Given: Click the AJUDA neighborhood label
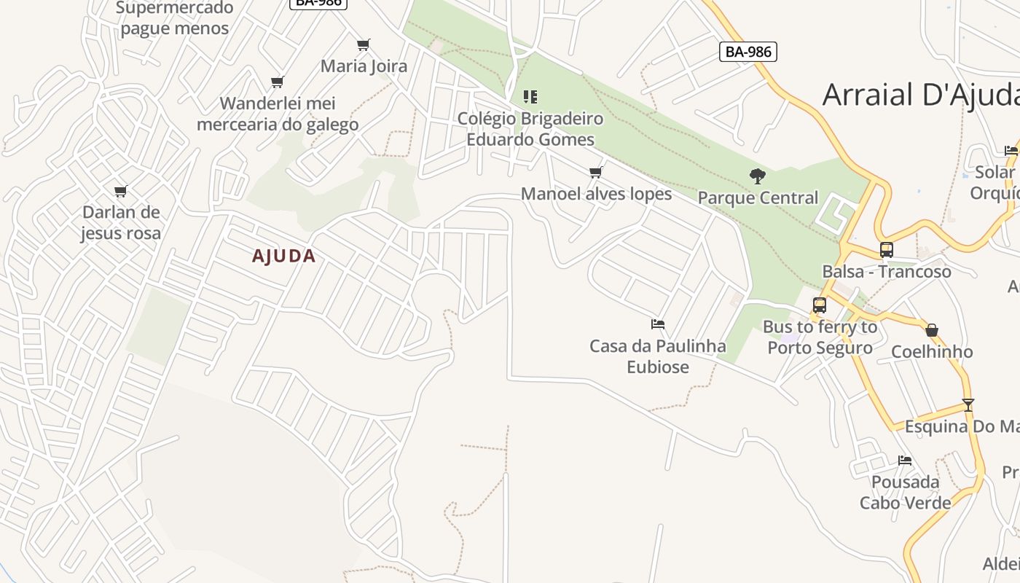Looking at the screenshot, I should point(283,257).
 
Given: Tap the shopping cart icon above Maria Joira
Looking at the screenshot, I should point(364,45).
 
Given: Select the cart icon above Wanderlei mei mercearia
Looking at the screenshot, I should point(277,82).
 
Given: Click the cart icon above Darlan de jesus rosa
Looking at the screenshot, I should point(120,192).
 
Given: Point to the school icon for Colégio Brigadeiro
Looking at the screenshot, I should point(530,96).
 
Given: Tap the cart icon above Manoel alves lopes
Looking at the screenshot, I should point(596,173).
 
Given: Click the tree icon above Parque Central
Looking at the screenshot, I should point(758,176).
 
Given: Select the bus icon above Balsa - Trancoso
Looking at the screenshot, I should point(887,250).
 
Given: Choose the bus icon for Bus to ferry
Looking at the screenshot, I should point(820,305).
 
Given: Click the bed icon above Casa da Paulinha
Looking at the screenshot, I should point(658,324).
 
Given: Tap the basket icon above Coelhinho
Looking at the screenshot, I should point(932,330).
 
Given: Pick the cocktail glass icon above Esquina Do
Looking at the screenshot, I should point(968,404).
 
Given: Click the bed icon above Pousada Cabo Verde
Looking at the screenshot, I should point(905,461).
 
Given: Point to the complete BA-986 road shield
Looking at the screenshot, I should point(748,52).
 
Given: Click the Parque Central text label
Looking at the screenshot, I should point(758,197).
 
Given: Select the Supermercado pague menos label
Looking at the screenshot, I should point(175,18).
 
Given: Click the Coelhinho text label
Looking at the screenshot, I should point(932,352).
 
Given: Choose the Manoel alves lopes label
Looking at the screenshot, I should point(596,194).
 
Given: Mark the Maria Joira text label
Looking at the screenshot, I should point(364,66).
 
